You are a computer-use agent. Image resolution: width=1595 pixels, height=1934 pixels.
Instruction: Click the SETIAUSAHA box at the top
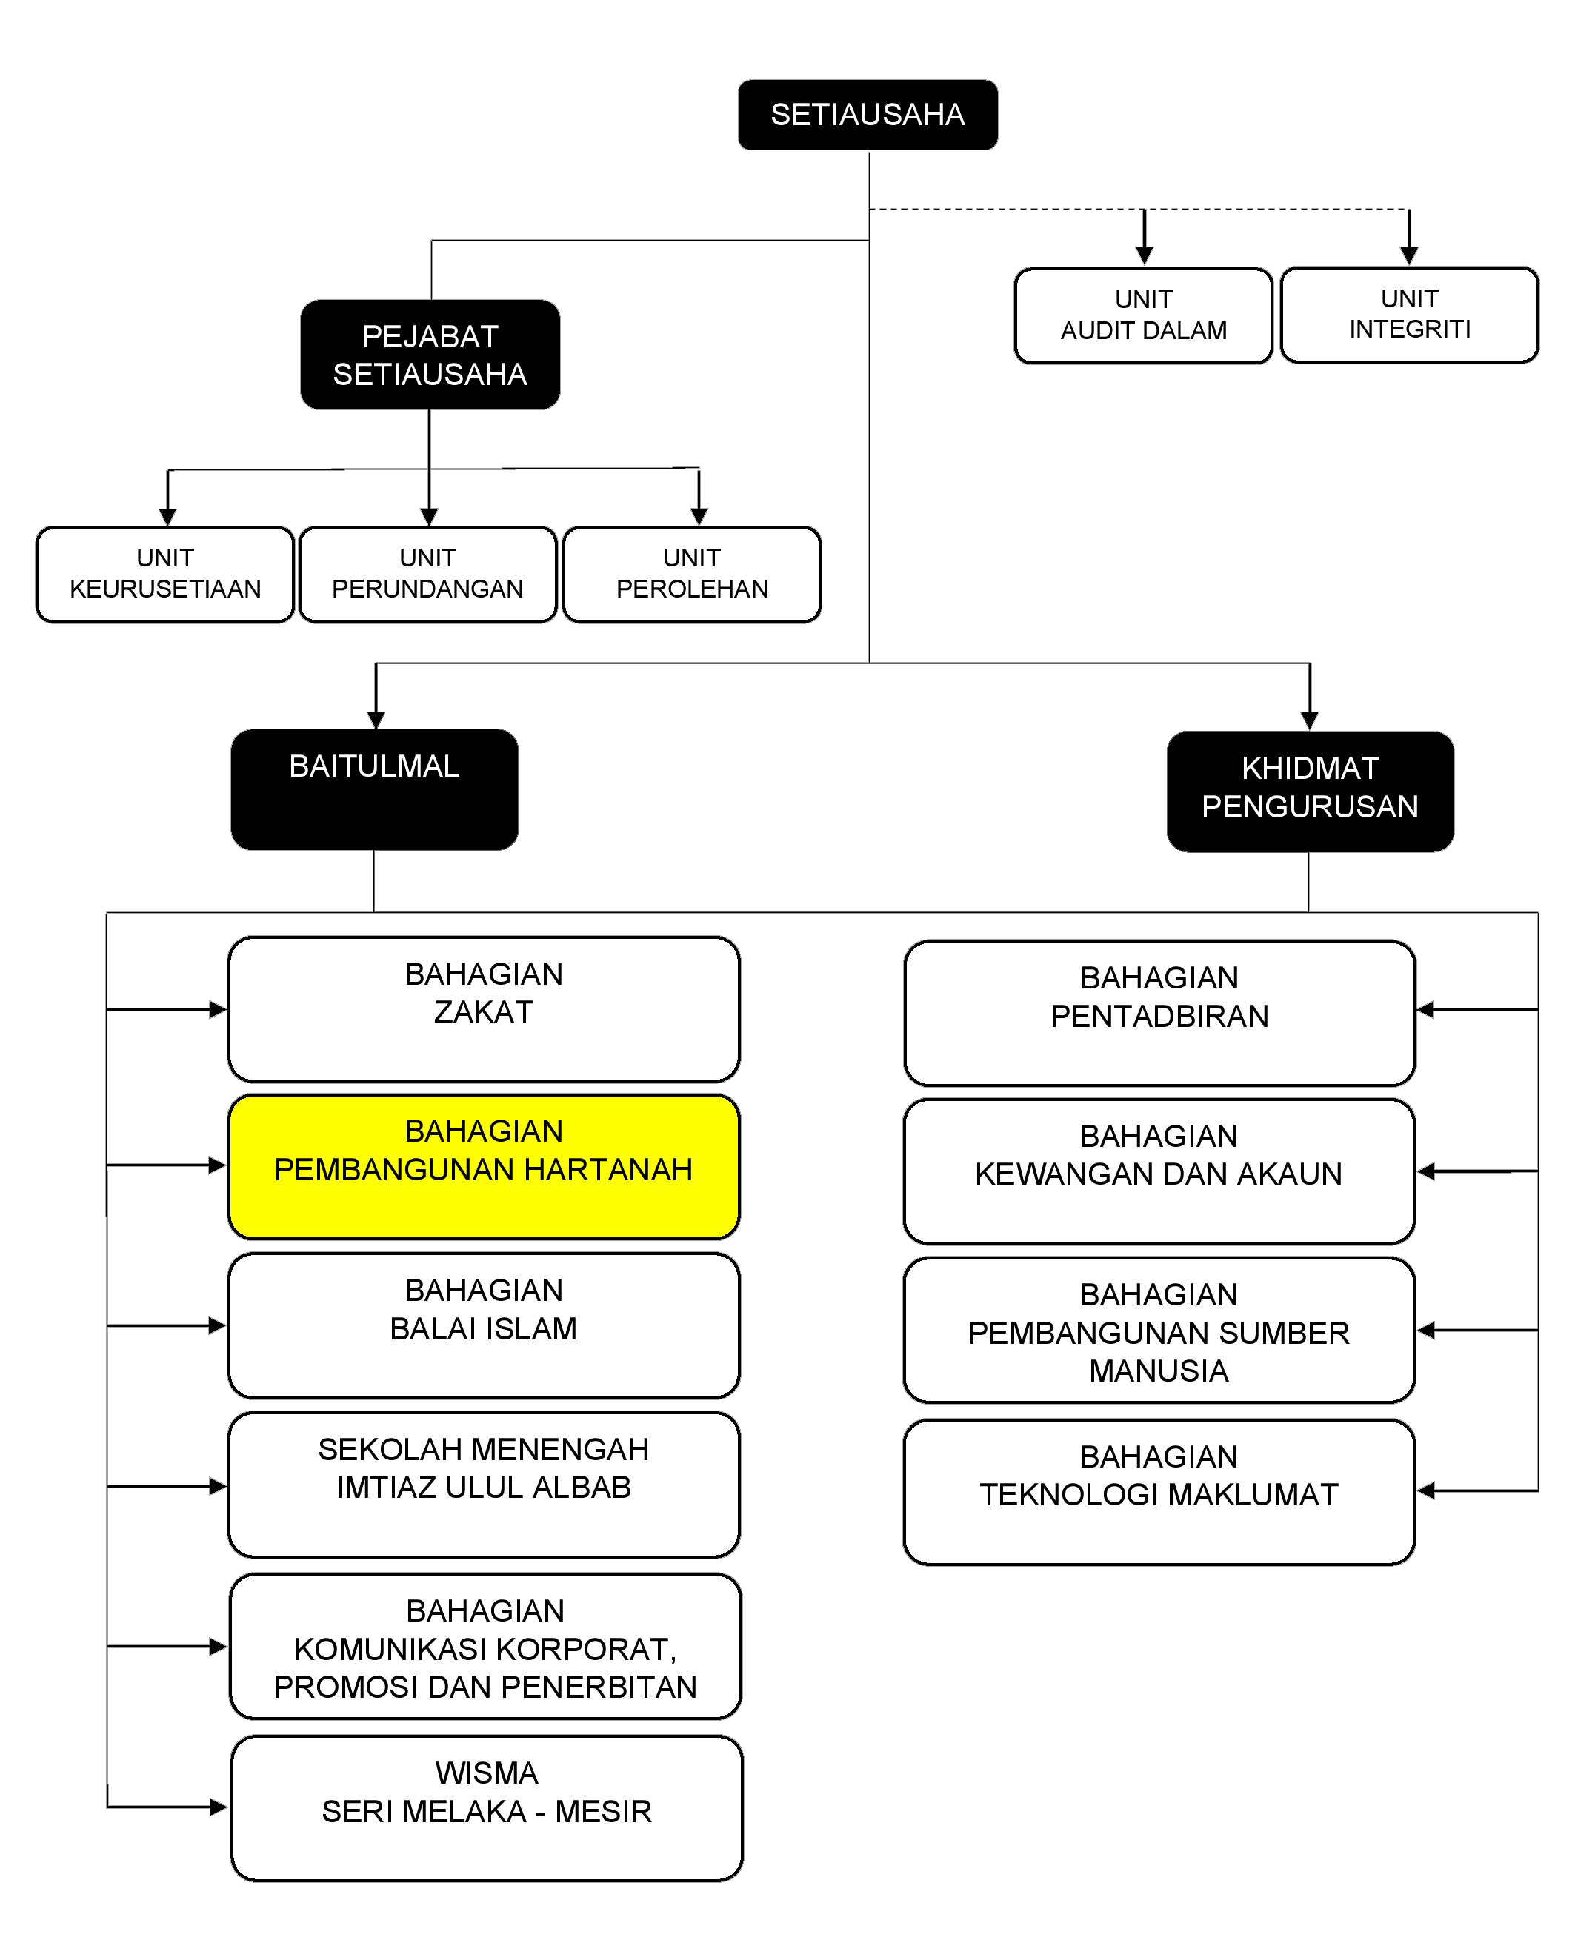click(x=868, y=115)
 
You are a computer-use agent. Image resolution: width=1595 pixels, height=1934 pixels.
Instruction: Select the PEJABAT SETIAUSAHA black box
click(x=430, y=355)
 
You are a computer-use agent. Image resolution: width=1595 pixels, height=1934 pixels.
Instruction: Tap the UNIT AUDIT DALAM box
click(x=1143, y=315)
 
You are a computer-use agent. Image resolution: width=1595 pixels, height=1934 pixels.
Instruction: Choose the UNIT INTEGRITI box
click(x=1408, y=314)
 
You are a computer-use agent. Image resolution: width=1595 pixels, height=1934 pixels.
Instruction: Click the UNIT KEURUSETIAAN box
click(x=165, y=574)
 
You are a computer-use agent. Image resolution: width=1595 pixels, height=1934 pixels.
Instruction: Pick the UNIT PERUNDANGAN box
click(x=428, y=574)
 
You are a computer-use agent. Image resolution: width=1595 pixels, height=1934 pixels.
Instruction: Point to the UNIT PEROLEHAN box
click(x=692, y=574)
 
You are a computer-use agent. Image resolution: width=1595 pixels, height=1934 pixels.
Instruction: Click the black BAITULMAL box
click(x=374, y=789)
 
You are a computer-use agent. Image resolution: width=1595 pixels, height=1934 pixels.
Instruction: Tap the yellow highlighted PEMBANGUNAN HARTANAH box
click(x=483, y=1165)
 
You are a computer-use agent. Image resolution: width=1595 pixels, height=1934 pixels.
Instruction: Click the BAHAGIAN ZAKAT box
click(x=483, y=1008)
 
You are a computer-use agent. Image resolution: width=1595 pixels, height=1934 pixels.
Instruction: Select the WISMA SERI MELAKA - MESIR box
click(x=486, y=1807)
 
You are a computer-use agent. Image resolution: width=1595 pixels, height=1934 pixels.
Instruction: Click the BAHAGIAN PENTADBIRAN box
click(x=1159, y=1012)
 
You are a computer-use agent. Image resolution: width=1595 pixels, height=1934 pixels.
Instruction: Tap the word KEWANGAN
click(x=1043, y=1174)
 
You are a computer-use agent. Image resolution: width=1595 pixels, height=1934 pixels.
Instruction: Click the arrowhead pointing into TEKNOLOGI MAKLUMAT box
click(x=1426, y=1490)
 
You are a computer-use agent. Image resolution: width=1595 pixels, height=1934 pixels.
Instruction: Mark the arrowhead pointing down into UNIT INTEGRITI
click(x=1408, y=256)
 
